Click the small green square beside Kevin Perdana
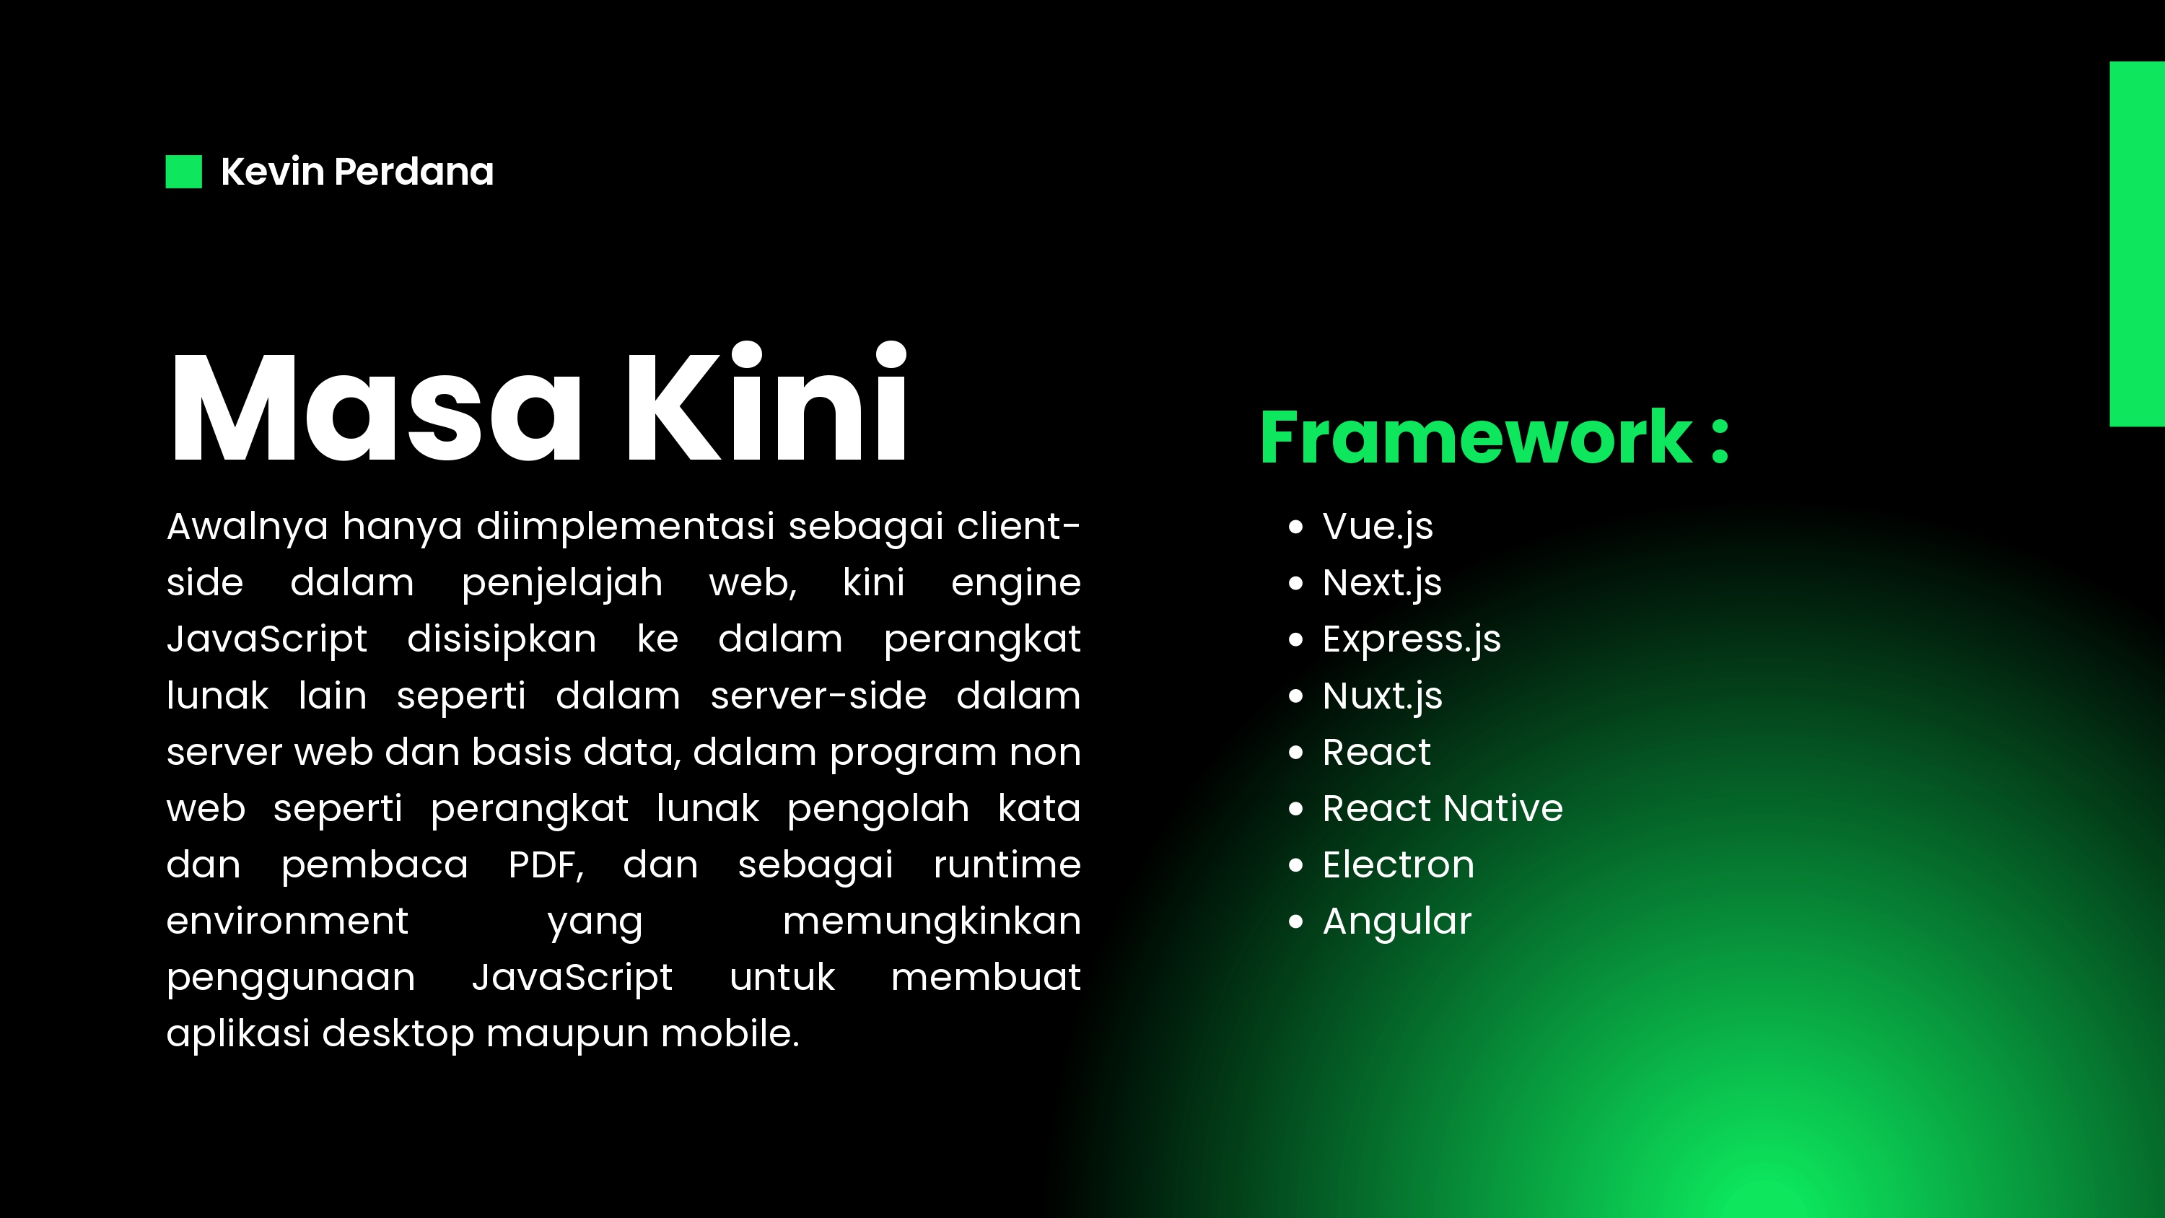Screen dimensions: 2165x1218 184,172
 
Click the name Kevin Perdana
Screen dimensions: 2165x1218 357,172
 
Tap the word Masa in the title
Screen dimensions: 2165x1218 376,408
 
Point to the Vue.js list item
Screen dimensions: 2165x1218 1378,527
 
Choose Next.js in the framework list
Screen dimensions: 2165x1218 1382,583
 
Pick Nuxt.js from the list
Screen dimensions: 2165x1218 1383,696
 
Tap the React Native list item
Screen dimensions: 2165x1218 1442,809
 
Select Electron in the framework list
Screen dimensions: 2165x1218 1399,865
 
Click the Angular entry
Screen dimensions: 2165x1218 1397,922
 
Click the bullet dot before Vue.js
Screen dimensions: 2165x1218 1296,527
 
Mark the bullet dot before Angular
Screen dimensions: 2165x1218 1296,922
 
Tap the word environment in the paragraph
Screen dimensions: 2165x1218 287,921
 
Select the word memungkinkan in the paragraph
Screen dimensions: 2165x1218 931,921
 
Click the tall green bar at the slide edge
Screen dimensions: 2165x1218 2138,244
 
